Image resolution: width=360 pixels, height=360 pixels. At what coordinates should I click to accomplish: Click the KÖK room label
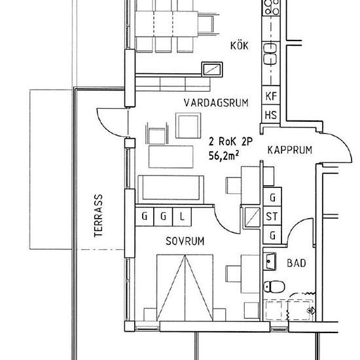[x=241, y=46]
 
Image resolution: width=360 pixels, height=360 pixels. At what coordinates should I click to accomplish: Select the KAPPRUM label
[x=289, y=150]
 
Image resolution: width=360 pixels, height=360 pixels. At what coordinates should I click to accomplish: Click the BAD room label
[x=297, y=264]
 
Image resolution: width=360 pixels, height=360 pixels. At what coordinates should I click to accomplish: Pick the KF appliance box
[x=270, y=96]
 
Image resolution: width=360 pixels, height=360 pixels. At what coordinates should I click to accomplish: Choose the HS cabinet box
[x=270, y=115]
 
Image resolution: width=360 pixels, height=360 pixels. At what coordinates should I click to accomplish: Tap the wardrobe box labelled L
[x=183, y=215]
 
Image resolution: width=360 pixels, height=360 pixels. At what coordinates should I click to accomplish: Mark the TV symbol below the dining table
[x=212, y=69]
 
